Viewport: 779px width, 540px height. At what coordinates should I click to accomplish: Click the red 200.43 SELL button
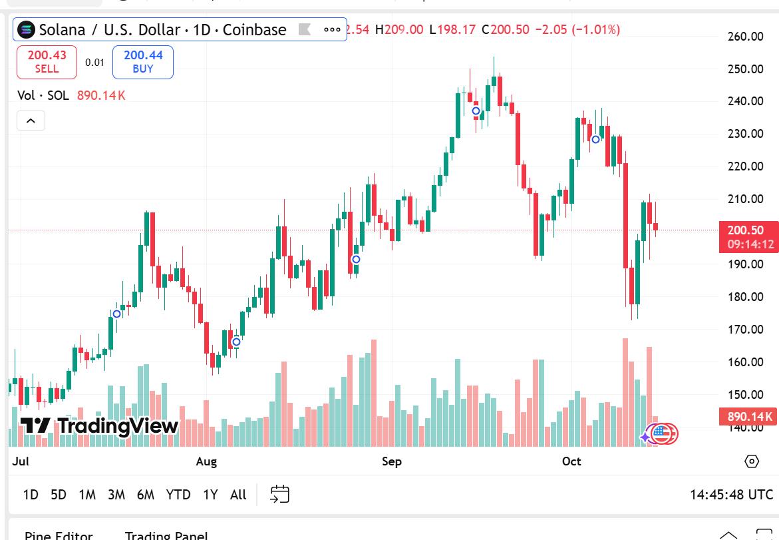click(x=47, y=62)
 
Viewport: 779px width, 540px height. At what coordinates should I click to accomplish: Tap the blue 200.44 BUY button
click(x=143, y=62)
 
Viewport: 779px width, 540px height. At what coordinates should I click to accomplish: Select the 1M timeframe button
click(x=87, y=495)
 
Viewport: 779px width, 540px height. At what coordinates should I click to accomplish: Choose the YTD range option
click(x=178, y=495)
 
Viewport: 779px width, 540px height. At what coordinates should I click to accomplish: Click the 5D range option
click(x=59, y=495)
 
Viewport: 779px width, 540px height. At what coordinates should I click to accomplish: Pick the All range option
click(x=238, y=495)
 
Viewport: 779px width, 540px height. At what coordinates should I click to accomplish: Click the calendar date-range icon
click(x=280, y=494)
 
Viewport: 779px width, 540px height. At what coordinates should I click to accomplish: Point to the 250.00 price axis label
click(x=745, y=69)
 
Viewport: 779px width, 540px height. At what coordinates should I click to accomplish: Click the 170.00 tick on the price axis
click(x=745, y=330)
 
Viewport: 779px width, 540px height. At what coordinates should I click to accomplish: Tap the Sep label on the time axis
click(x=392, y=461)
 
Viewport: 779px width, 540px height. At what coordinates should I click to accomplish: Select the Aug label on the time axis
click(x=207, y=461)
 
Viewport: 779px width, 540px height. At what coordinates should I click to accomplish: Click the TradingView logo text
click(x=100, y=425)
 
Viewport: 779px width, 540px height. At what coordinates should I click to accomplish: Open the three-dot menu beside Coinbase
click(x=332, y=30)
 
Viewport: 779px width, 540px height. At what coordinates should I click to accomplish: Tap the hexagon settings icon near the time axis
click(x=752, y=461)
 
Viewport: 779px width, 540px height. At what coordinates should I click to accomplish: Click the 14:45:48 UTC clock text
click(x=731, y=495)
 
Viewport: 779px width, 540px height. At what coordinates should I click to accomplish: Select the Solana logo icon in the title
click(x=27, y=30)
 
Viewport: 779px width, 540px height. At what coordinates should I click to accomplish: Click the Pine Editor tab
click(x=59, y=535)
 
